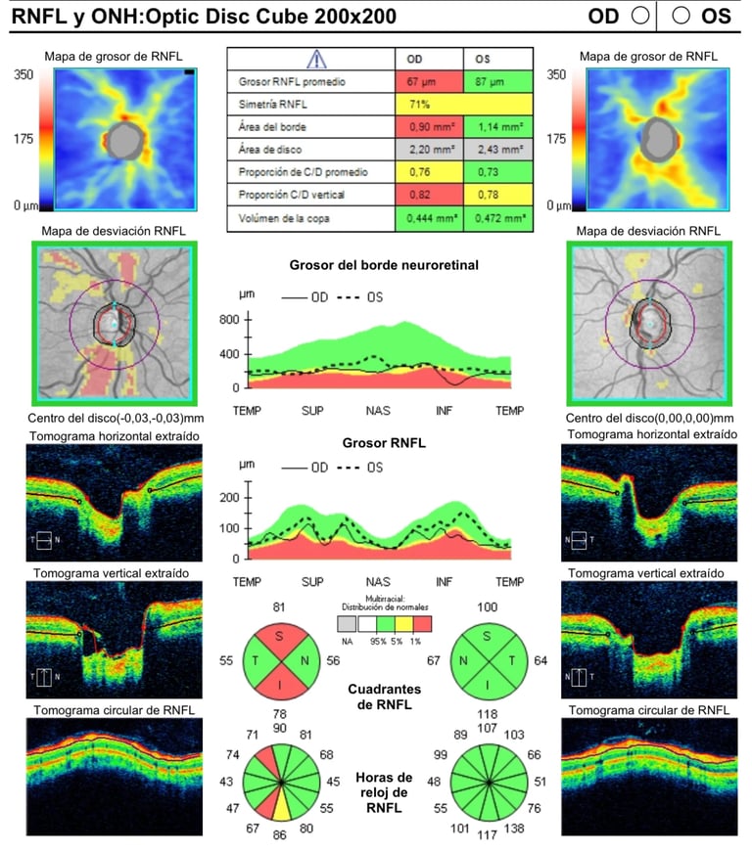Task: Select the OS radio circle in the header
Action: (681, 15)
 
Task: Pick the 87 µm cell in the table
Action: (496, 81)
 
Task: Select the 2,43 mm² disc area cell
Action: (496, 150)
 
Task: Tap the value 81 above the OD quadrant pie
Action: (280, 607)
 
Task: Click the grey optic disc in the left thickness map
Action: (123, 139)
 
